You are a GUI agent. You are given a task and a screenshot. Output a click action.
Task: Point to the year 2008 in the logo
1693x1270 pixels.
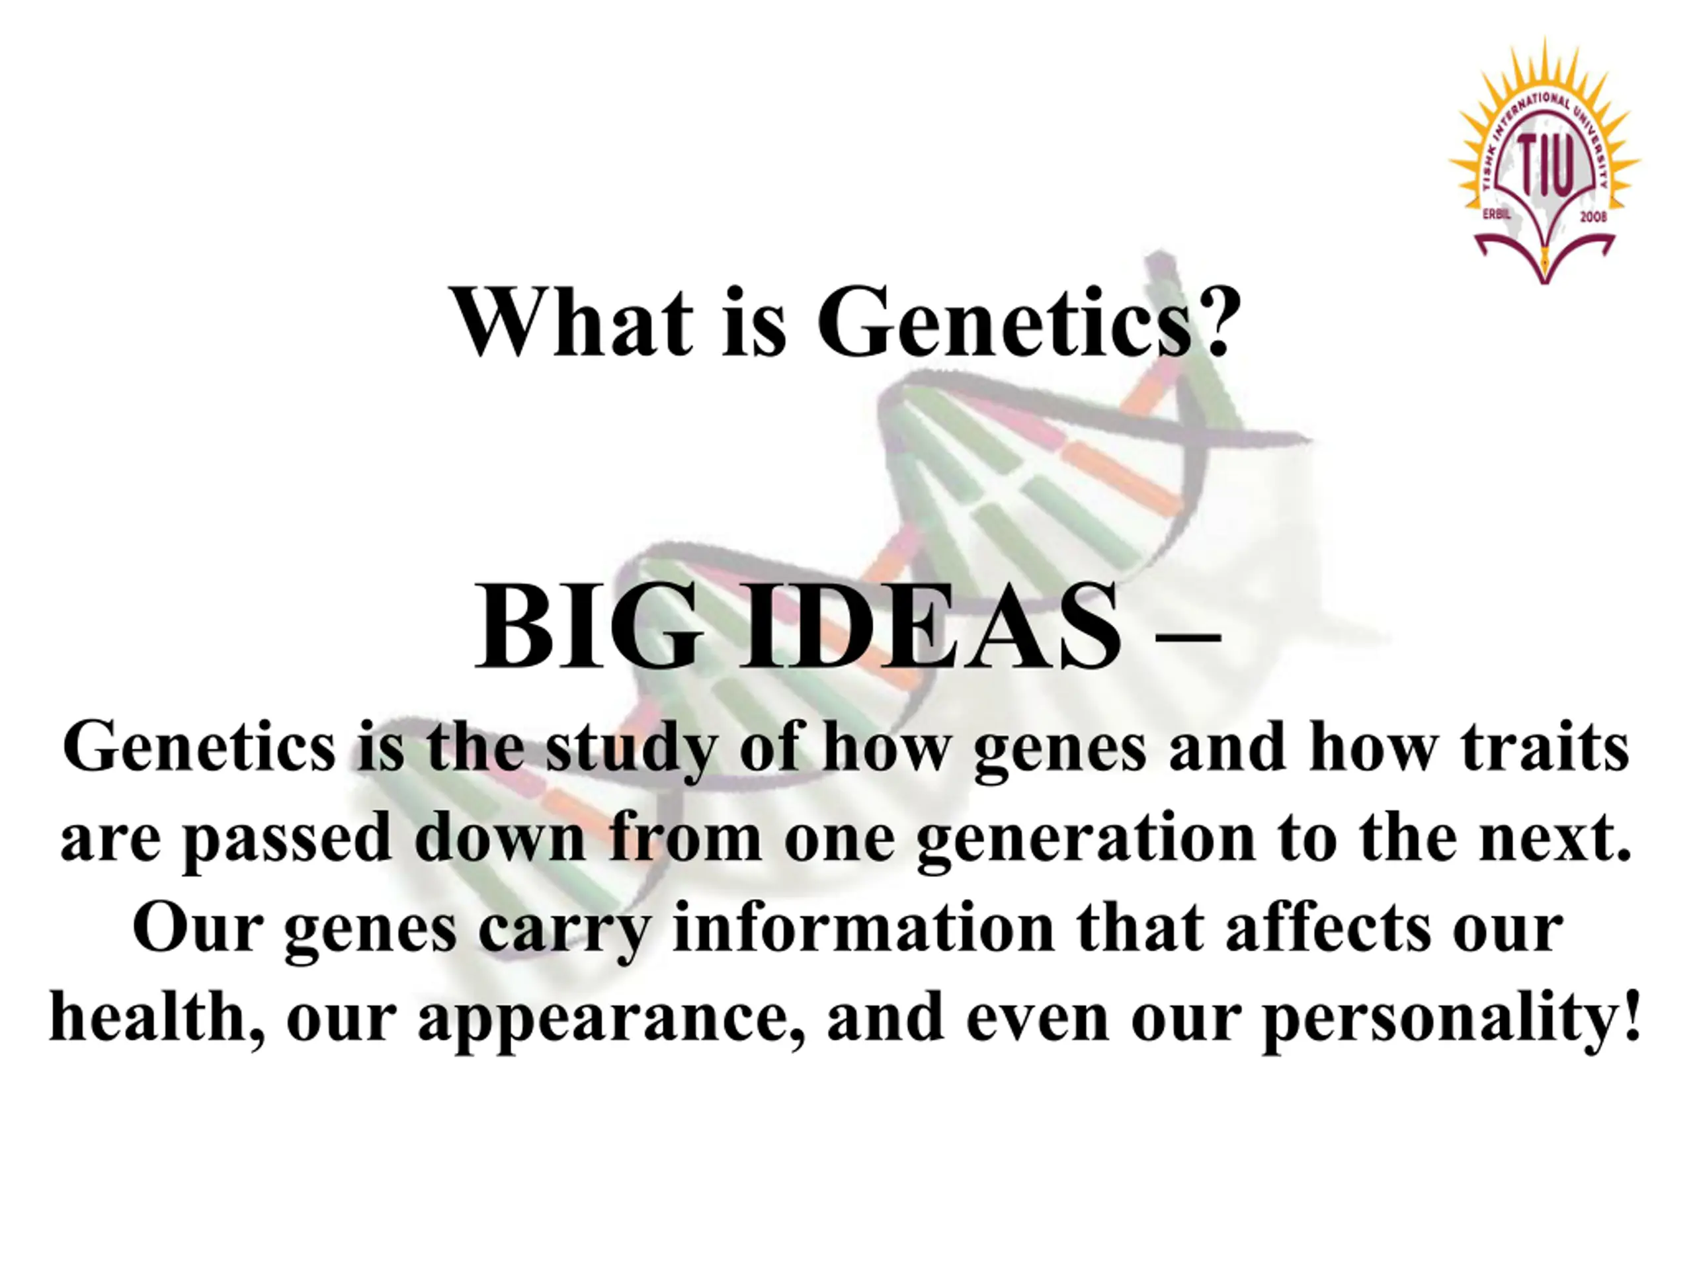(x=1592, y=218)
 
